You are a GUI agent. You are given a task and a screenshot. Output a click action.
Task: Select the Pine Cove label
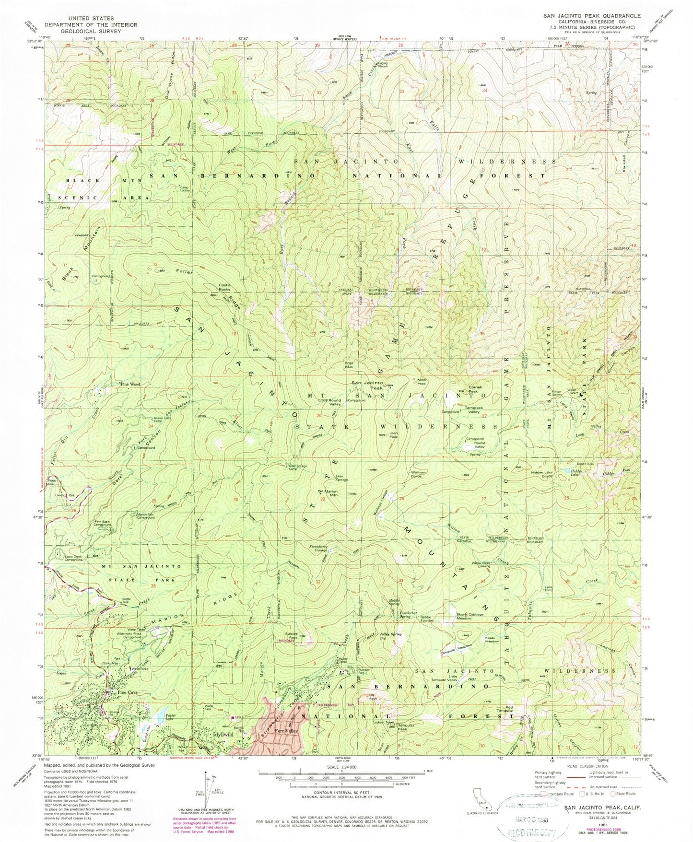coord(125,693)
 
